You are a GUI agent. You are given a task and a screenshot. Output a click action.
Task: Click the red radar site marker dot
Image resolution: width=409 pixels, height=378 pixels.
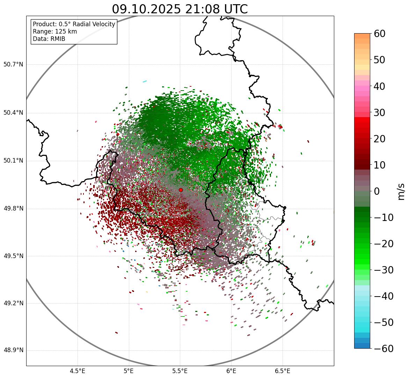[181, 190]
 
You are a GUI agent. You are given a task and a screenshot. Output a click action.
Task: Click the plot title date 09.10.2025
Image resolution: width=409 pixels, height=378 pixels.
[146, 9]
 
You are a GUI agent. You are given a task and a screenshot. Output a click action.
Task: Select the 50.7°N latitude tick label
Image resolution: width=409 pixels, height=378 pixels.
[13, 65]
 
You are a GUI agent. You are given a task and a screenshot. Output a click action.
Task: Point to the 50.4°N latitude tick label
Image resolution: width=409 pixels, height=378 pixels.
[13, 113]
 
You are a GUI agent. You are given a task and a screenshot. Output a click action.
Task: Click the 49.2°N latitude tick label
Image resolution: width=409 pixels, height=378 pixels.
[13, 303]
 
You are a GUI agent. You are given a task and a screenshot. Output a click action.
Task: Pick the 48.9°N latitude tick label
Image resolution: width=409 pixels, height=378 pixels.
[13, 350]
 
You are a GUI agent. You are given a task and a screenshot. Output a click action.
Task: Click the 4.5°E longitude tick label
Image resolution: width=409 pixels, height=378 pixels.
[78, 371]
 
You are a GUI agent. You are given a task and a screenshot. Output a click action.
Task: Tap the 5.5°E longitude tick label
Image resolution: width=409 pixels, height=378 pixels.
[180, 371]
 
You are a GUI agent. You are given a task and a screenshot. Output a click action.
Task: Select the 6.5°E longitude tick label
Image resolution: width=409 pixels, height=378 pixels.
[282, 371]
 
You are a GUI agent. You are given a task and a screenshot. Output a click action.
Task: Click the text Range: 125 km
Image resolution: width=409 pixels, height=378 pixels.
[55, 31]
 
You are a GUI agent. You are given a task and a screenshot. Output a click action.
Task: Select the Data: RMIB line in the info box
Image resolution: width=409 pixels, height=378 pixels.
[49, 39]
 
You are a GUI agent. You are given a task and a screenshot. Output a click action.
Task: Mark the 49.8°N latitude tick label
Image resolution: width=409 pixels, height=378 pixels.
[13, 209]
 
